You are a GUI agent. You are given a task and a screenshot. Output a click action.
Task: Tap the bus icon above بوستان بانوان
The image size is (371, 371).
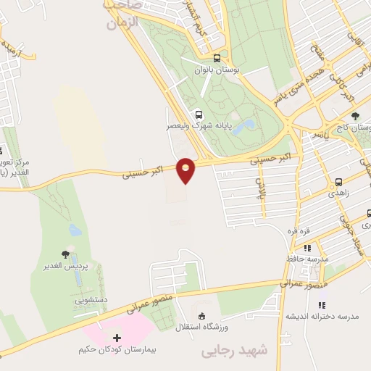(217, 59)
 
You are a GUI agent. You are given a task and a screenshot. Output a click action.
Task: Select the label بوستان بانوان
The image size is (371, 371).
(222, 71)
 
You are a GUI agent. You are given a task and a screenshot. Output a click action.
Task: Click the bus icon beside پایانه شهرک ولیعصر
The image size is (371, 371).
(199, 114)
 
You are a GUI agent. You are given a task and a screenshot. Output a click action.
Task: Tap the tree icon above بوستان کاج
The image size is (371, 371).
(354, 116)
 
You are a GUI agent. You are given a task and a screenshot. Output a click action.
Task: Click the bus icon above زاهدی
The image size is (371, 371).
(338, 182)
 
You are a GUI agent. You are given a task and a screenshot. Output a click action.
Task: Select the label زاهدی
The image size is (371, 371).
(338, 194)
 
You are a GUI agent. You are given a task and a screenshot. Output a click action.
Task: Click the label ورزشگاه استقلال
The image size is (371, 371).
(201, 328)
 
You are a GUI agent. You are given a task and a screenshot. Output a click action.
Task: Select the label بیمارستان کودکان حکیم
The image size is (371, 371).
(114, 350)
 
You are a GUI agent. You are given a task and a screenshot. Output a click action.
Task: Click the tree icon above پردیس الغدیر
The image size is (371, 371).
(67, 254)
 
